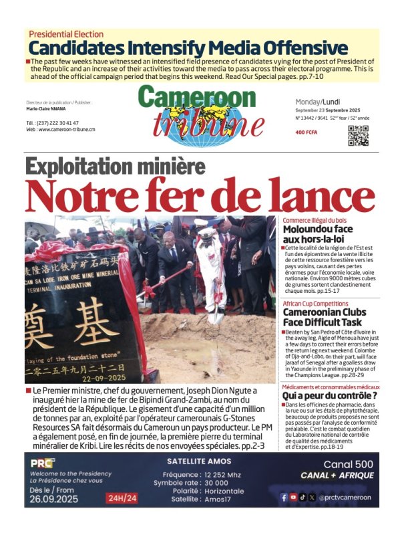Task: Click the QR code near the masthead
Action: (x=358, y=135)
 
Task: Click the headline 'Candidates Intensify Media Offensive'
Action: (x=188, y=48)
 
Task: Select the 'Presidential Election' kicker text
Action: (x=66, y=34)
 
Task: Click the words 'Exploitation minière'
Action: (x=115, y=167)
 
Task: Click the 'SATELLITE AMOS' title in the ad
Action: (x=200, y=461)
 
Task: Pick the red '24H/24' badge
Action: (x=122, y=498)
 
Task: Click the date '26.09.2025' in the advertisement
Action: (x=54, y=498)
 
